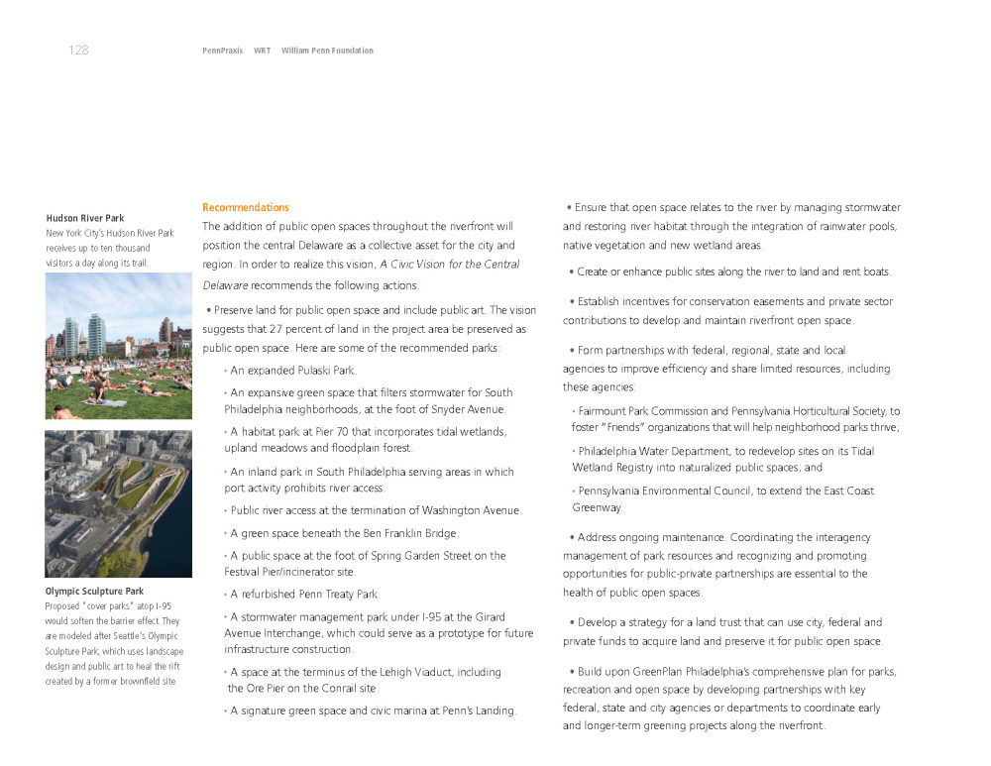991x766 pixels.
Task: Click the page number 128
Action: point(78,51)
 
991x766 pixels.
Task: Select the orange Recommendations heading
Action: point(246,207)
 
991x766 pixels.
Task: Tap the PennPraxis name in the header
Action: point(222,51)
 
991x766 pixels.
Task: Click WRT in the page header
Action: point(262,51)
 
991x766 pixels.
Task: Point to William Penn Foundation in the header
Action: point(327,51)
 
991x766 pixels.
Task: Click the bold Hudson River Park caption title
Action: point(85,218)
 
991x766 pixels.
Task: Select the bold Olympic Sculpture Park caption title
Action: point(94,592)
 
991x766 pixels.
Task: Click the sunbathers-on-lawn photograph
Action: point(118,346)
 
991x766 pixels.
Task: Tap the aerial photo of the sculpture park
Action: point(118,503)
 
